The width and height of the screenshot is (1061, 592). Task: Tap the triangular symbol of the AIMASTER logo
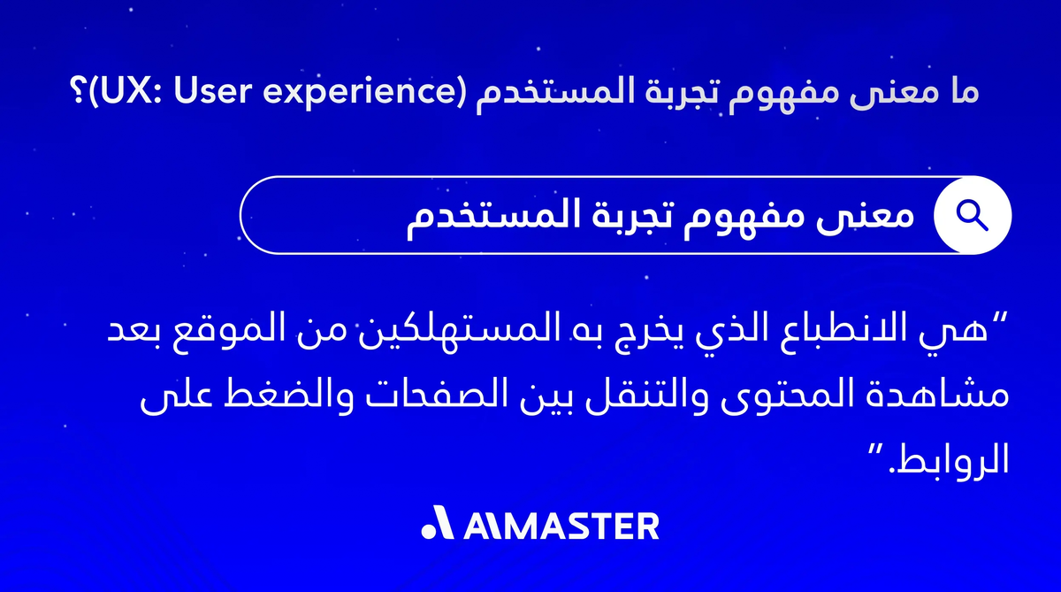[x=436, y=526]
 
